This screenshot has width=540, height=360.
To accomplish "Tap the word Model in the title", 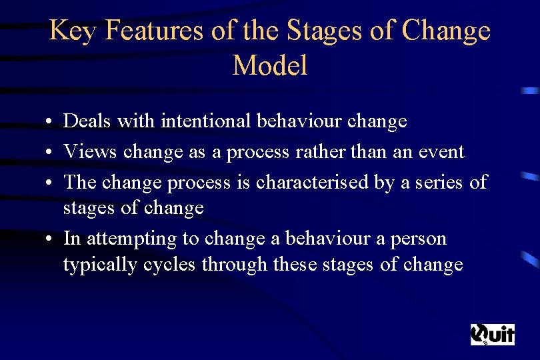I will pos(270,65).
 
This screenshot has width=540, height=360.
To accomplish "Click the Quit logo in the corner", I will pos(492,334).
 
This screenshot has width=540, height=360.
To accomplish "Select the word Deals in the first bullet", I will pos(87,121).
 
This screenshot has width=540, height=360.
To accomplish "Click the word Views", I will pos(89,152).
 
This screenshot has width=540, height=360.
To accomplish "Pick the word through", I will pos(235,265).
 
